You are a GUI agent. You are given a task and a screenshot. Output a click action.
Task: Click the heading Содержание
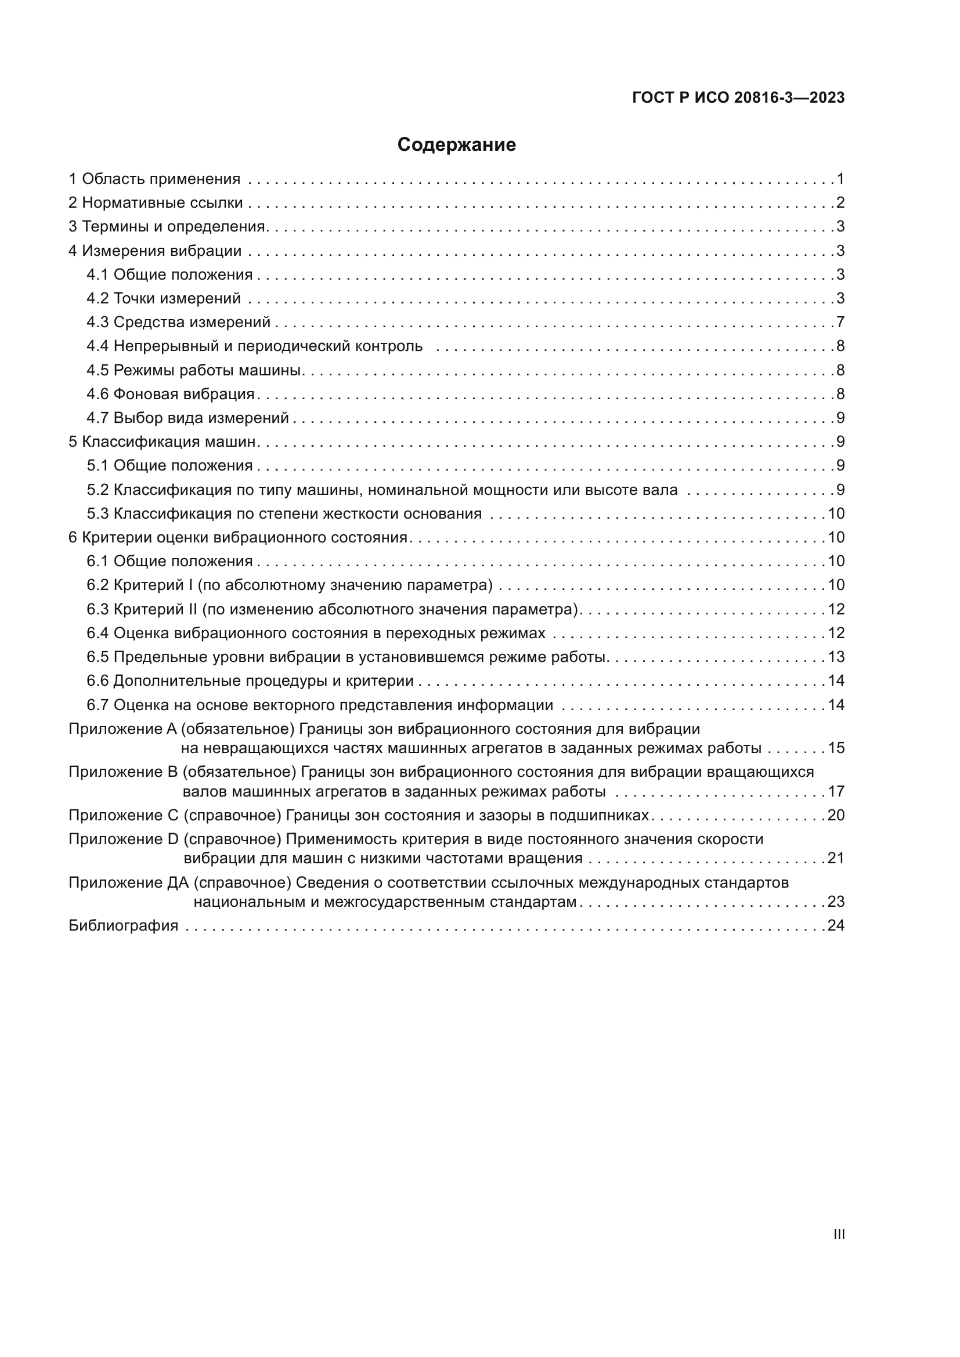456,145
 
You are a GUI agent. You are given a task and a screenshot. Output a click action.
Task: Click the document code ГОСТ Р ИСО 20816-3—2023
738,97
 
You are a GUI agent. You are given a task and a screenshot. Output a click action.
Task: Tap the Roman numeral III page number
838,1234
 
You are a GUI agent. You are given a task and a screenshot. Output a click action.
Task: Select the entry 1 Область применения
154,179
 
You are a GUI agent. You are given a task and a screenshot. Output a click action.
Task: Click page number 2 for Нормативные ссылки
840,202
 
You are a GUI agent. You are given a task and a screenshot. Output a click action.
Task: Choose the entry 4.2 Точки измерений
164,298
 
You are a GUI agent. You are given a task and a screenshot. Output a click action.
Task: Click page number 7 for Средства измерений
840,322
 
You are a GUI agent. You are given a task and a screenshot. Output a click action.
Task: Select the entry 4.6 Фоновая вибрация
170,393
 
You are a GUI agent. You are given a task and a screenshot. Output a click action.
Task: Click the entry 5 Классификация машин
163,442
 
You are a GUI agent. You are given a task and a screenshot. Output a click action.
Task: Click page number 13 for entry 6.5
836,657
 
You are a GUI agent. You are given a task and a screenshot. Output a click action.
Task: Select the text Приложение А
122,729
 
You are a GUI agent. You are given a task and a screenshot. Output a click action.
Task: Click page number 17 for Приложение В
836,791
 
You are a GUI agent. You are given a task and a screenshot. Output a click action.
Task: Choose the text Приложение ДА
128,882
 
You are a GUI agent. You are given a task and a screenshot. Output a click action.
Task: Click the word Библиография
124,925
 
